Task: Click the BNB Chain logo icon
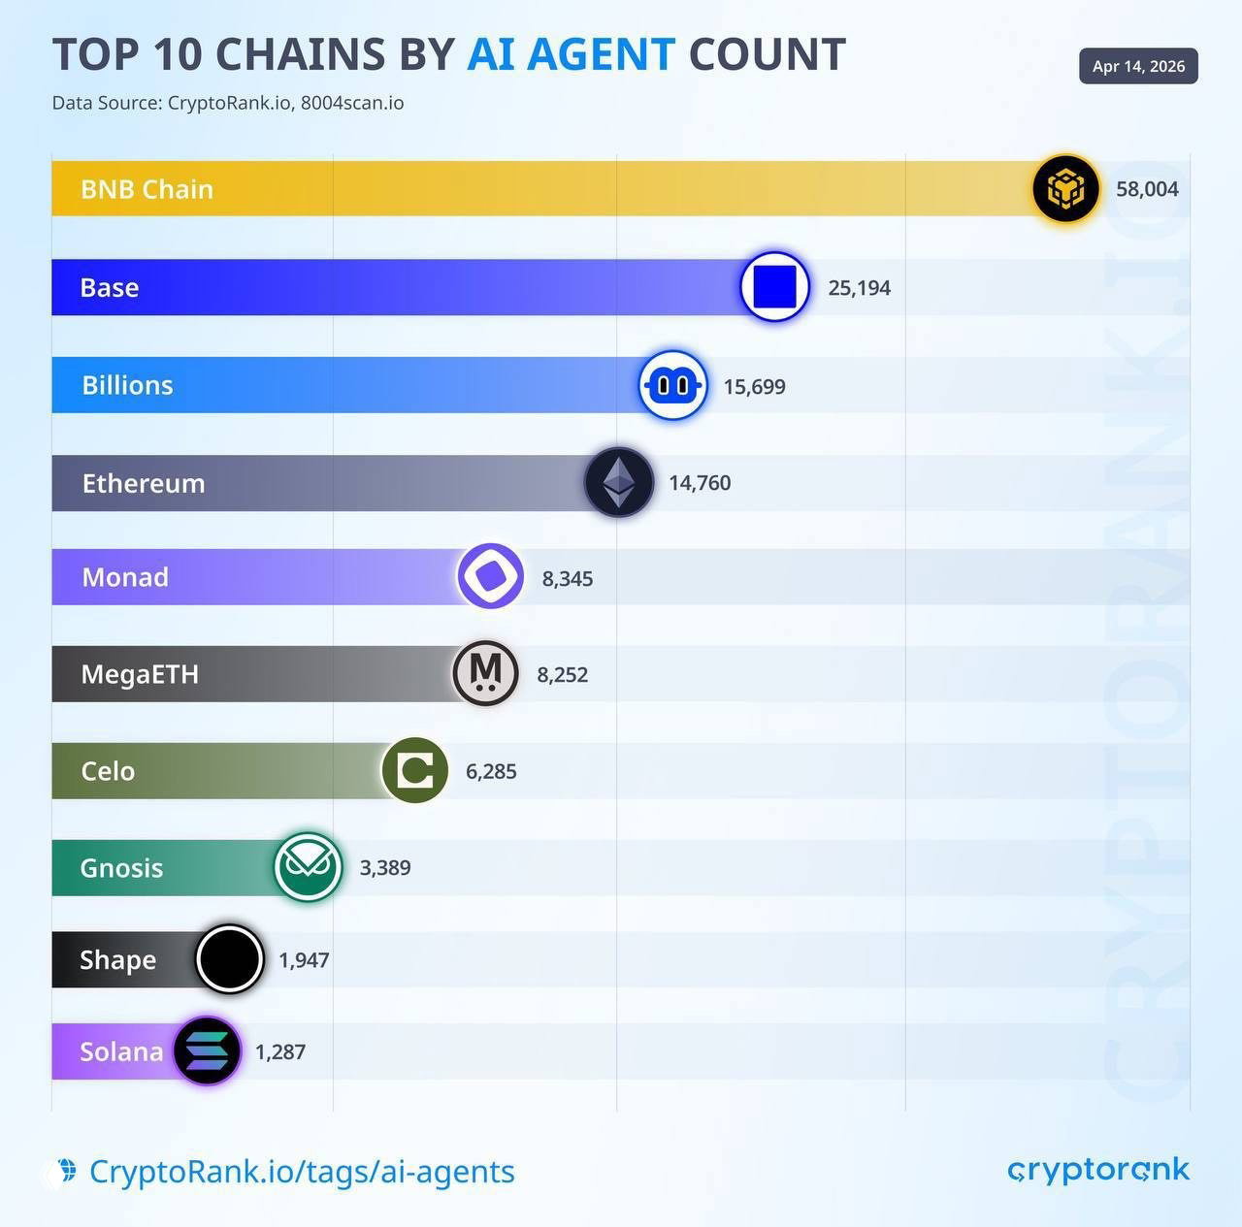pyautogui.click(x=1065, y=188)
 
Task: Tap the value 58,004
pyautogui.click(x=1147, y=189)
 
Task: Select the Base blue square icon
pyautogui.click(x=774, y=286)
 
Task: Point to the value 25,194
pyautogui.click(x=859, y=288)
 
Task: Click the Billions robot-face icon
pyautogui.click(x=672, y=385)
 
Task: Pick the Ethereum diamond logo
pyautogui.click(x=618, y=482)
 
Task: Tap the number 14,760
pyautogui.click(x=700, y=483)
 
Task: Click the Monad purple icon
pyautogui.click(x=490, y=576)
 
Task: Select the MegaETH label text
pyautogui.click(x=140, y=674)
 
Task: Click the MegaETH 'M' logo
pyautogui.click(x=485, y=673)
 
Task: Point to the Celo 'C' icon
pyautogui.click(x=415, y=770)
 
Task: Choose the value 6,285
pyautogui.click(x=491, y=771)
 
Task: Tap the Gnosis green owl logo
pyautogui.click(x=308, y=866)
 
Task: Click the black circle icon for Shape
pyautogui.click(x=230, y=959)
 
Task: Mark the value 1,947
pyautogui.click(x=304, y=960)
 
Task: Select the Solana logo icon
pyautogui.click(x=207, y=1050)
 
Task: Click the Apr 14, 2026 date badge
pyautogui.click(x=1138, y=66)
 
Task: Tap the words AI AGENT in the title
pyautogui.click(x=571, y=54)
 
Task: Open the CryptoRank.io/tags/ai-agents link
pyautogui.click(x=301, y=1172)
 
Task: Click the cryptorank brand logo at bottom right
pyautogui.click(x=1098, y=1170)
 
